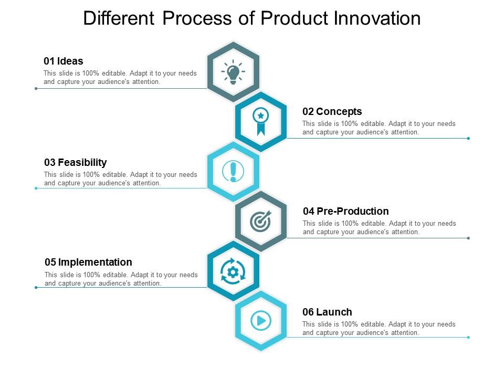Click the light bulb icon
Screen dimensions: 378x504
point(233,72)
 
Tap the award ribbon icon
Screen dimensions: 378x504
point(260,121)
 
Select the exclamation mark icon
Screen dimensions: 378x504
point(233,171)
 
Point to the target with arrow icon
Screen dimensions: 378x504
point(260,221)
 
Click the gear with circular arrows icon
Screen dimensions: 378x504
point(233,271)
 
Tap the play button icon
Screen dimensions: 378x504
point(260,320)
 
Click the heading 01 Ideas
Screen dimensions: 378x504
point(63,61)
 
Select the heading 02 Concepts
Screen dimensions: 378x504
point(332,111)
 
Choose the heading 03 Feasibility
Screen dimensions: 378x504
point(75,162)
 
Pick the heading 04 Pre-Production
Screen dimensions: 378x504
point(345,211)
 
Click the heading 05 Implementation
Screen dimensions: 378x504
point(88,262)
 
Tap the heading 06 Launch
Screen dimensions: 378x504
point(327,312)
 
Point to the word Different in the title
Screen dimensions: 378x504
point(119,18)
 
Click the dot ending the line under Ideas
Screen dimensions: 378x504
point(36,88)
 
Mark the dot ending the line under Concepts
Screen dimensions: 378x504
point(468,138)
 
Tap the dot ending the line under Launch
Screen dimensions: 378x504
point(468,337)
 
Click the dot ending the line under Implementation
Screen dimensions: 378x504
point(36,287)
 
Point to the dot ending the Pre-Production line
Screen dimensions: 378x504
point(468,238)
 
